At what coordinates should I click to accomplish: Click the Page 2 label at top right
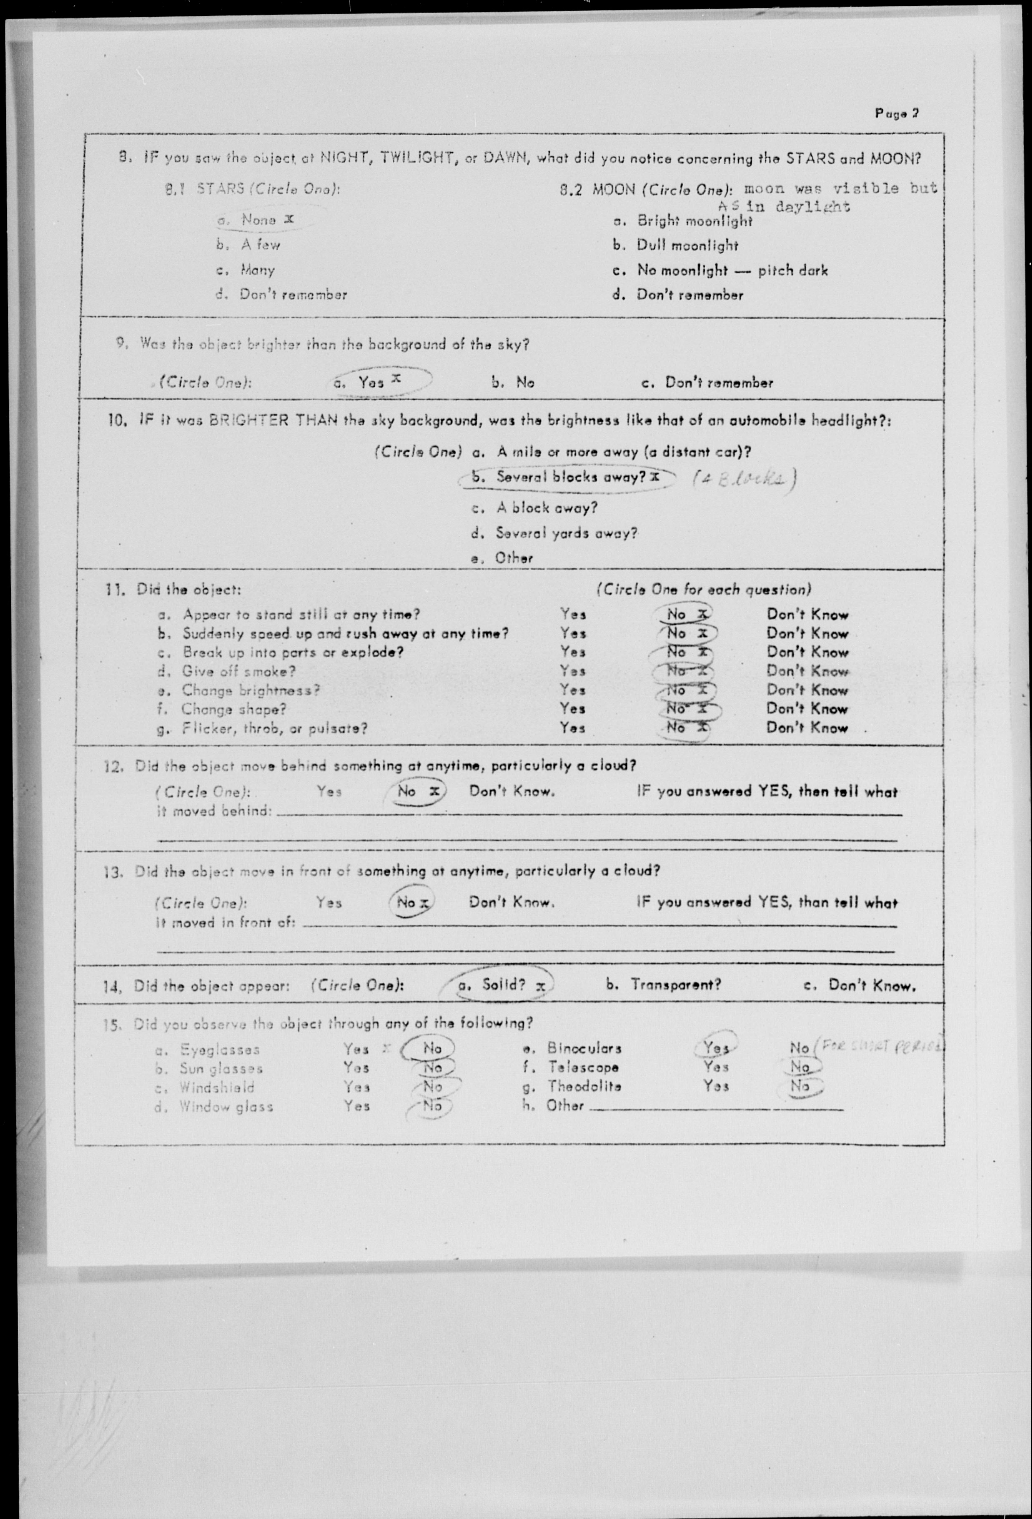(x=897, y=113)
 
